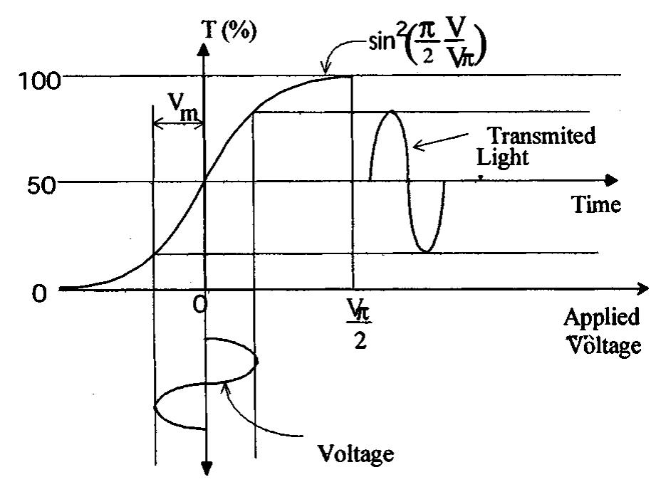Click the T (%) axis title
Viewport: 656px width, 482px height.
(x=230, y=32)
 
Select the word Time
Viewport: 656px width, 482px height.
(x=597, y=205)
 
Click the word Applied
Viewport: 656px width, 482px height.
(x=601, y=316)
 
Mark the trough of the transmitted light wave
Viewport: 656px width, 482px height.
(x=425, y=250)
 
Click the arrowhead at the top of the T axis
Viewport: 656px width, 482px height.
(x=205, y=51)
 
